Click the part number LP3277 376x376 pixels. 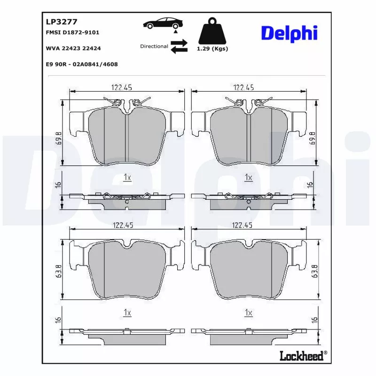[61, 21]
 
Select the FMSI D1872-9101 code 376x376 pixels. [72, 32]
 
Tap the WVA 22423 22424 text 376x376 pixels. [73, 48]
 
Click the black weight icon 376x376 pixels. [212, 31]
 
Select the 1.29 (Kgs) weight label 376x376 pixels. [212, 49]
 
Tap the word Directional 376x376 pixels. [154, 47]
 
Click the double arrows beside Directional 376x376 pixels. [179, 47]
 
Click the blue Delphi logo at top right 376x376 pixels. [289, 33]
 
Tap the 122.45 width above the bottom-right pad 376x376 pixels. [243, 226]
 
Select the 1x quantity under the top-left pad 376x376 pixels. [127, 177]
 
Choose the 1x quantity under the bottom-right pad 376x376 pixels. [249, 313]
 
